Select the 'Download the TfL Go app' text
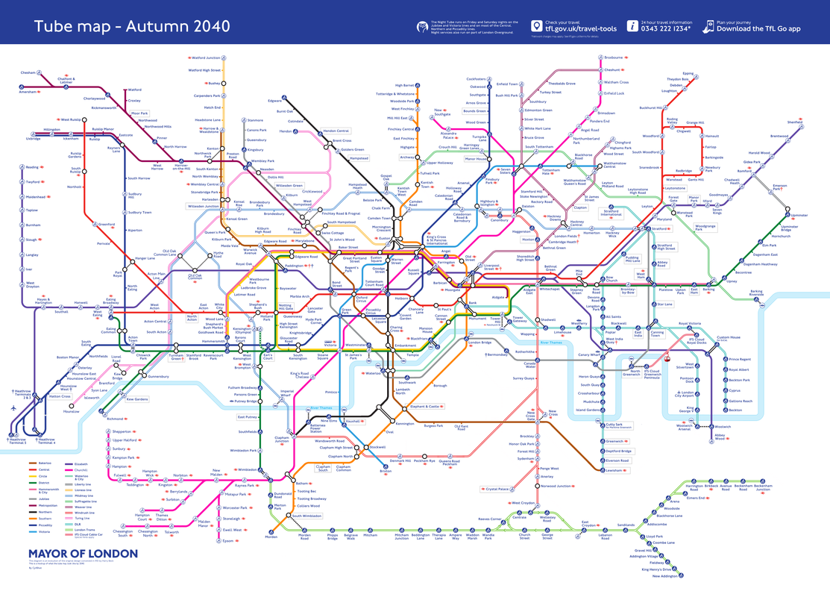[758, 29]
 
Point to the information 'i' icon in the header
[632, 26]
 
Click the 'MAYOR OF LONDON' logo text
[83, 554]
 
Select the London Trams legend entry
[84, 529]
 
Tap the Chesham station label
[28, 72]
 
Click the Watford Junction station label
[205, 57]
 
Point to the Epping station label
[687, 73]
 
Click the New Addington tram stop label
[664, 576]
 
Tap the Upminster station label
[799, 216]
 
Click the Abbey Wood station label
[720, 438]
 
